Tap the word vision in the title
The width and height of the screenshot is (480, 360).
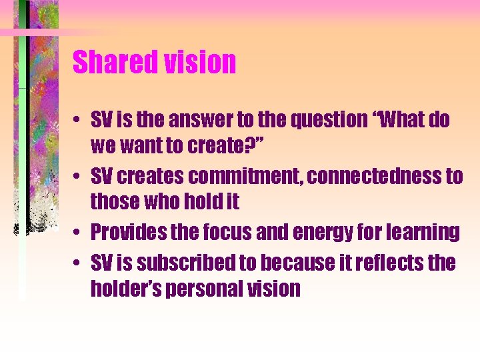click(x=199, y=63)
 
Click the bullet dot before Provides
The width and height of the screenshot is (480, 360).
click(x=78, y=233)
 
